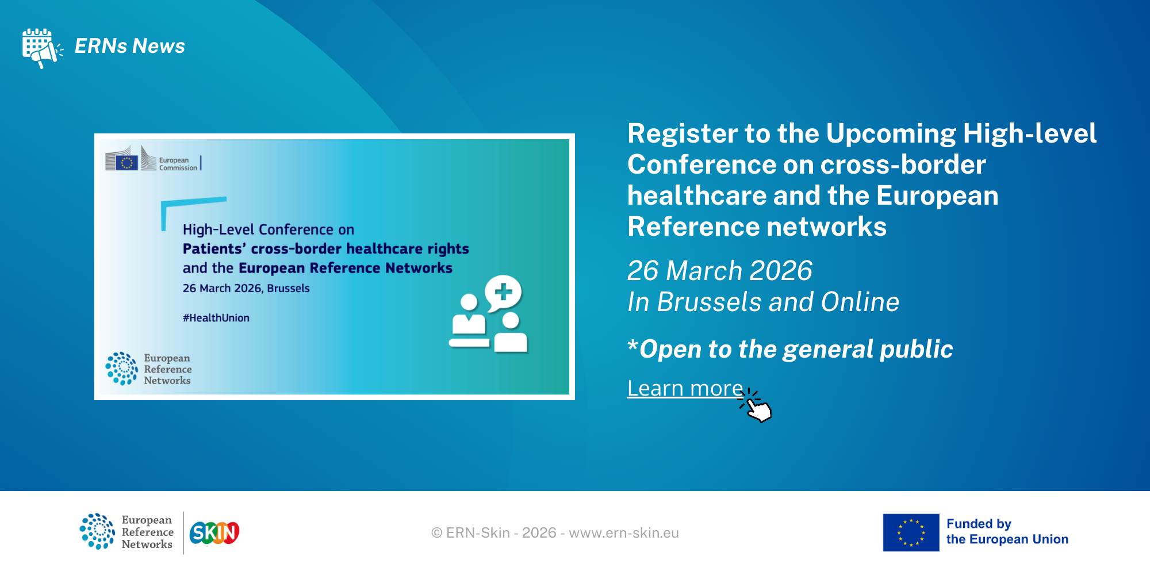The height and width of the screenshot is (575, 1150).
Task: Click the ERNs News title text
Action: [x=130, y=46]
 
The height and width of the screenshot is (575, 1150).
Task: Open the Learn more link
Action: [x=685, y=389]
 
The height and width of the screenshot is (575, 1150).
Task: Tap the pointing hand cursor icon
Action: [x=756, y=406]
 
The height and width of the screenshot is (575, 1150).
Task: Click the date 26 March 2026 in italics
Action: [x=720, y=271]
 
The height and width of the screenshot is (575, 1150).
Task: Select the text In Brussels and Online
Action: [x=764, y=302]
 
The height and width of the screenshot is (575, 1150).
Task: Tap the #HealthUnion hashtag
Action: [x=216, y=318]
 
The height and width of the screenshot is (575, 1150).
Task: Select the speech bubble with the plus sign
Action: [x=504, y=293]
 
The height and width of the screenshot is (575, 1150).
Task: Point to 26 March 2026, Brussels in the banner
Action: [x=246, y=288]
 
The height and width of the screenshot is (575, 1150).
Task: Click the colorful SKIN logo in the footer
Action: [x=214, y=533]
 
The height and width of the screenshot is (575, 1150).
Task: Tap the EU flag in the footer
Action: [x=911, y=532]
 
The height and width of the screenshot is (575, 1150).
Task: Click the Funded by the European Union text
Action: [x=1007, y=532]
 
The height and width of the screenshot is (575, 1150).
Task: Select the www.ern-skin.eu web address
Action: [x=624, y=533]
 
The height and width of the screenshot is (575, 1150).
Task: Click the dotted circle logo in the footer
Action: [x=97, y=531]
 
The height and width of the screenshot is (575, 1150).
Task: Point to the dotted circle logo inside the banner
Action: [x=122, y=369]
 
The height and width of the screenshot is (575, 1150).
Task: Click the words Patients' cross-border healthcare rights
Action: [x=326, y=249]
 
